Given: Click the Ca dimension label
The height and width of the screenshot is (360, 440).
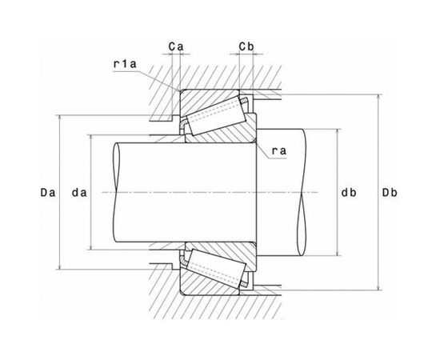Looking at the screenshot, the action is pyautogui.click(x=176, y=46).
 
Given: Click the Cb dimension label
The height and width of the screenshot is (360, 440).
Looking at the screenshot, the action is pyautogui.click(x=246, y=46).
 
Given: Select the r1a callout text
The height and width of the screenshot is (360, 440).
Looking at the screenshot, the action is pyautogui.click(x=125, y=64).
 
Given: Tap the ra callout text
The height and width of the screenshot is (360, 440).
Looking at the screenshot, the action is pyautogui.click(x=279, y=151).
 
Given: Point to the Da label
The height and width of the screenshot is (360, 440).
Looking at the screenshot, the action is pyautogui.click(x=48, y=193).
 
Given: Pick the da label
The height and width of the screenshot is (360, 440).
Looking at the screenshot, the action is pyautogui.click(x=79, y=193).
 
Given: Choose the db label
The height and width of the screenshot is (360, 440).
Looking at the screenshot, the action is pyautogui.click(x=349, y=193).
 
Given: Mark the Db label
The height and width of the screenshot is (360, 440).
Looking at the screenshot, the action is pyautogui.click(x=390, y=193).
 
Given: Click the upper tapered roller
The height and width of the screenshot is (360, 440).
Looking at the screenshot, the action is pyautogui.click(x=216, y=116).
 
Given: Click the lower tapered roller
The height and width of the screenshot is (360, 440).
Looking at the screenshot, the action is pyautogui.click(x=216, y=269).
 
